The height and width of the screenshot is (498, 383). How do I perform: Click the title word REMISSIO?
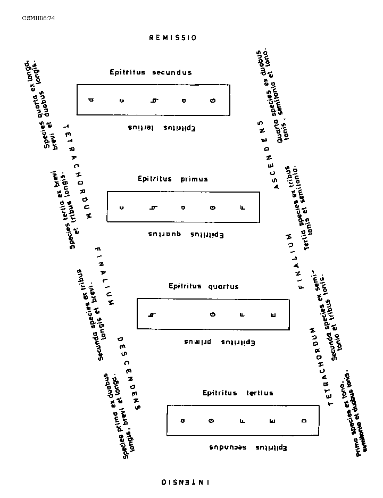pyautogui.click(x=173, y=38)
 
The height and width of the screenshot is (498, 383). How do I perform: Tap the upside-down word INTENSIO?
pyautogui.click(x=185, y=482)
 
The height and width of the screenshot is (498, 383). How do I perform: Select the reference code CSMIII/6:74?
pyautogui.click(x=38, y=18)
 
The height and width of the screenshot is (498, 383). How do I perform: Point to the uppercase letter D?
pyautogui.click(x=304, y=421)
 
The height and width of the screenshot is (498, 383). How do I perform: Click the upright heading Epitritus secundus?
pyautogui.click(x=151, y=72)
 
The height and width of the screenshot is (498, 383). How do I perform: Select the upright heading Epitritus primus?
pyautogui.click(x=173, y=179)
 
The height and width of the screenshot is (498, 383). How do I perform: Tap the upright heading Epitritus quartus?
pyautogui.click(x=204, y=286)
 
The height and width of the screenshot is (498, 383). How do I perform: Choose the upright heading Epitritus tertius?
pyautogui.click(x=238, y=393)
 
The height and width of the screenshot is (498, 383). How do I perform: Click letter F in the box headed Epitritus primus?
pyautogui.click(x=243, y=207)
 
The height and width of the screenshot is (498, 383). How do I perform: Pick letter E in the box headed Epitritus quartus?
pyautogui.click(x=273, y=314)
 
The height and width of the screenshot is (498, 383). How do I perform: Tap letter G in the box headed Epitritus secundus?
pyautogui.click(x=213, y=99)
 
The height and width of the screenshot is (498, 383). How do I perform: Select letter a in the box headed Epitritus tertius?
pyautogui.click(x=182, y=421)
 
